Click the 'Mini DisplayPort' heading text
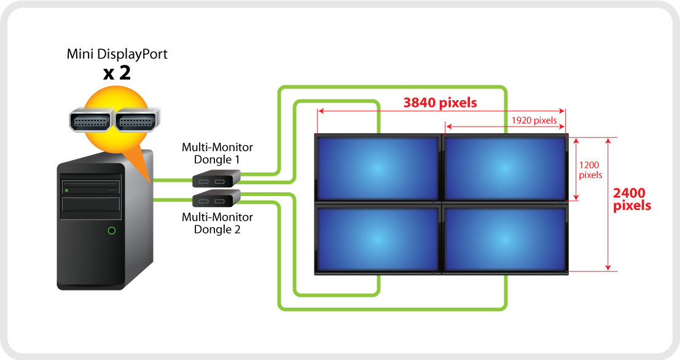(x=117, y=55)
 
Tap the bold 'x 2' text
(x=117, y=74)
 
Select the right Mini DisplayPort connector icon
(x=136, y=122)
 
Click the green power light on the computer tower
(x=111, y=230)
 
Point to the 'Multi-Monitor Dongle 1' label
(x=217, y=153)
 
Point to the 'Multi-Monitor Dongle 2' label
(x=217, y=224)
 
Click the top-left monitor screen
(x=377, y=168)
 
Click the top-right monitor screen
(x=504, y=168)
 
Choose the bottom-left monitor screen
(x=377, y=239)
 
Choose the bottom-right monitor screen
(x=504, y=239)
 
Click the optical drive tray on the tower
(x=92, y=184)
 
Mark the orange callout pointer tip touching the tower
(x=150, y=182)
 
